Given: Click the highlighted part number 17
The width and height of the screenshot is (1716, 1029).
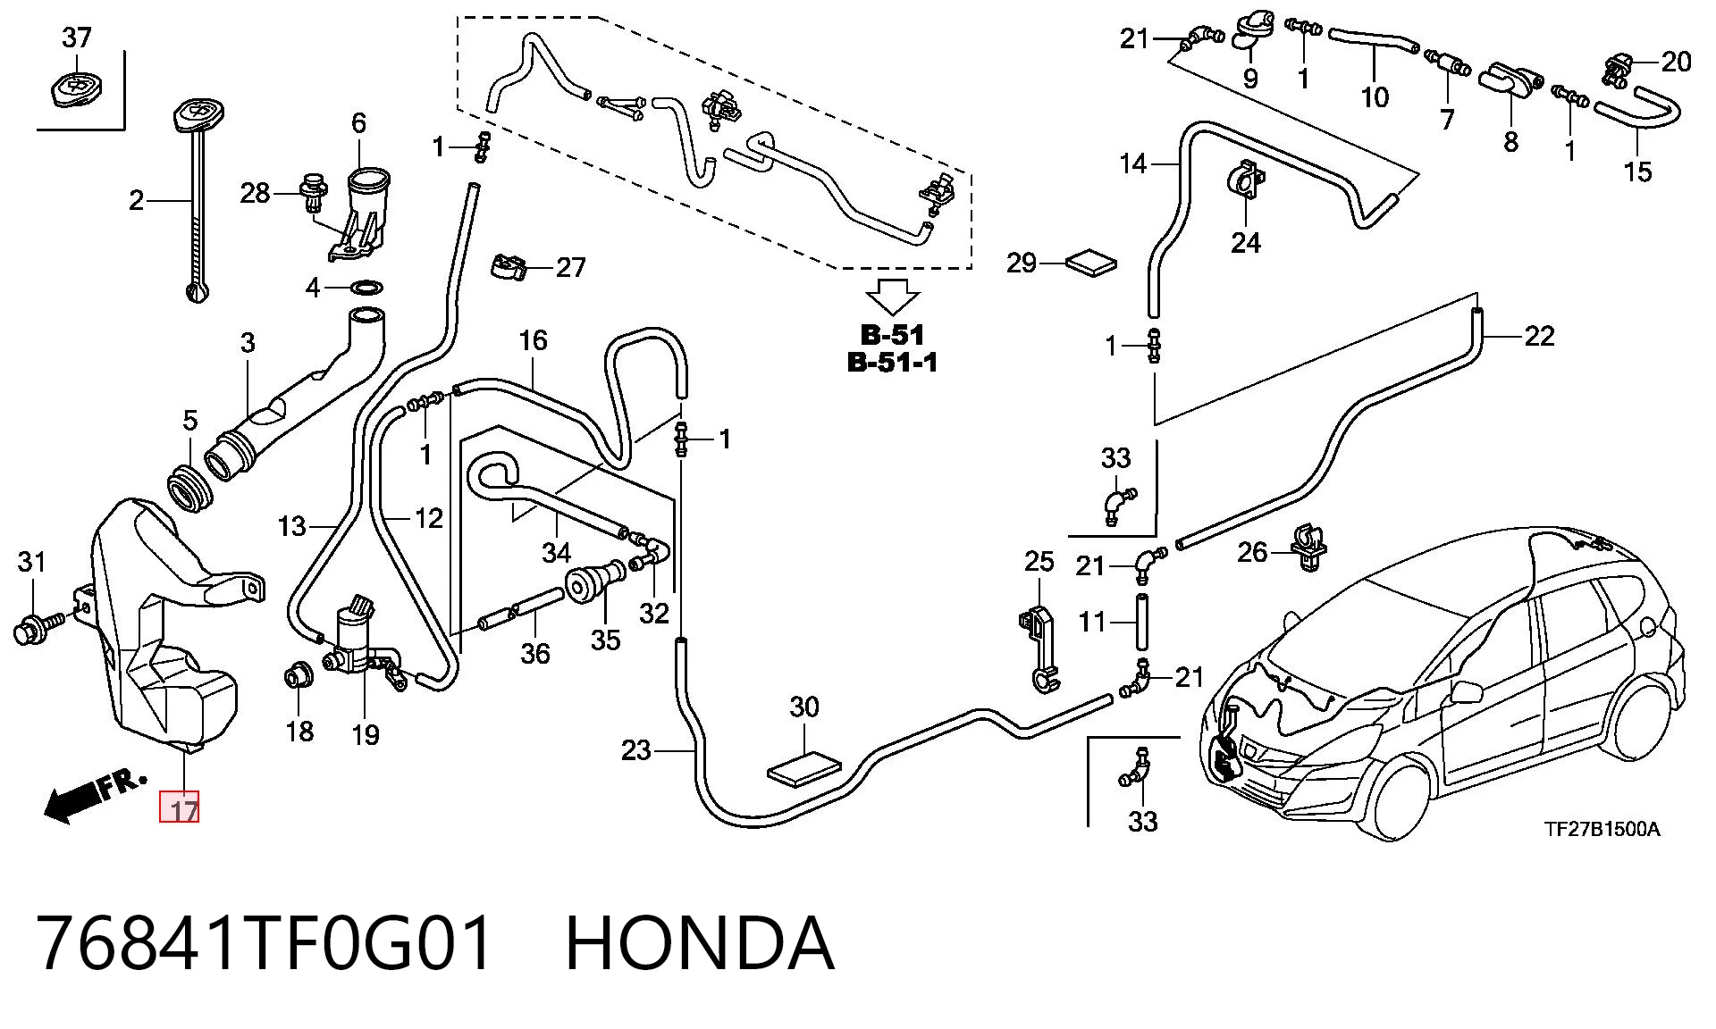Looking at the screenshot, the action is (179, 808).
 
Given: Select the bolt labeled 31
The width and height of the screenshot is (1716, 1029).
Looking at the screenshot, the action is (38, 625).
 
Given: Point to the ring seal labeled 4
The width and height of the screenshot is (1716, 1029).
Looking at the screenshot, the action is (366, 288).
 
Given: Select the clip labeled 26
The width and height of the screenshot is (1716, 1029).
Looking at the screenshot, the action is (1307, 548).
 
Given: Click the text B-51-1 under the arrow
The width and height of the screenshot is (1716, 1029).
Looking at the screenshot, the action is (892, 363).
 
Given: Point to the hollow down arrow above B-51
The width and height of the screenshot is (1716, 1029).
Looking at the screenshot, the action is (893, 298).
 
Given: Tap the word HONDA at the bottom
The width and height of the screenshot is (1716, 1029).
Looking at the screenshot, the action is (700, 943).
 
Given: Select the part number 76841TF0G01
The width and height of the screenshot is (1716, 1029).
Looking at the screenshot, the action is (265, 943).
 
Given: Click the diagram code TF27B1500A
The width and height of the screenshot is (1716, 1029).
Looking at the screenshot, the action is (1602, 829).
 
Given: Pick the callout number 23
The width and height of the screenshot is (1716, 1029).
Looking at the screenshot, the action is (635, 750).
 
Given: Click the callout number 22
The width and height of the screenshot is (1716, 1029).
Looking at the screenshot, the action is (1539, 336).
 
